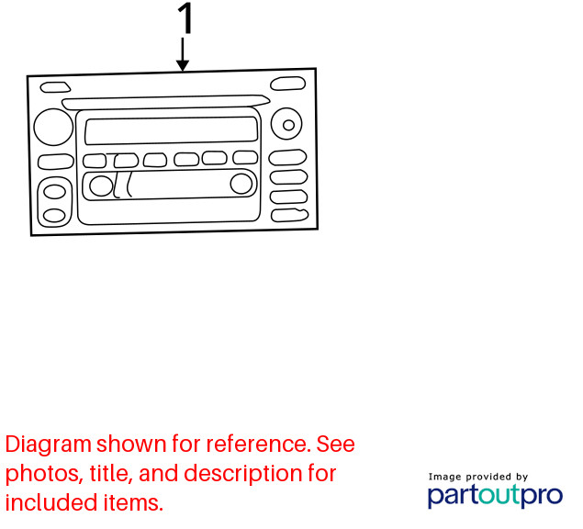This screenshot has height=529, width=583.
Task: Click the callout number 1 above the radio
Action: [x=185, y=17]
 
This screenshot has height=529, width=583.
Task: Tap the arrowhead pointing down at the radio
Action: [x=182, y=65]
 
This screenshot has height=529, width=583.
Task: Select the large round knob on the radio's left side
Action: [x=53, y=127]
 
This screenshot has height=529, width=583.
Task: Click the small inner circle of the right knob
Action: [x=288, y=125]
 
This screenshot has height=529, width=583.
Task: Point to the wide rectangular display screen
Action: [x=171, y=130]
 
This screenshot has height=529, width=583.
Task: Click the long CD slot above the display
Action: [x=165, y=102]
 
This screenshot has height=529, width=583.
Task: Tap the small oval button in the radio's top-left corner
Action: [x=55, y=87]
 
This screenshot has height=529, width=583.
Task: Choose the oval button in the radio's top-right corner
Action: [x=287, y=84]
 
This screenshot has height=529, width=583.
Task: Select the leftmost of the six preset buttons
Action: [x=95, y=161]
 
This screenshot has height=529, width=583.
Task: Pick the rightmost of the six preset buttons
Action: [x=245, y=157]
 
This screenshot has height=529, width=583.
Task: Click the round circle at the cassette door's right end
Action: [x=241, y=184]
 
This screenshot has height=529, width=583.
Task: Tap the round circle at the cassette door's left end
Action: [x=101, y=186]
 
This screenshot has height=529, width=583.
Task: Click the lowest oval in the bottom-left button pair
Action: [x=54, y=216]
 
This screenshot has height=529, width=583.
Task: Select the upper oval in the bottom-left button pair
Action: [x=55, y=192]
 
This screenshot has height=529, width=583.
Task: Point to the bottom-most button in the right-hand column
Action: [x=289, y=216]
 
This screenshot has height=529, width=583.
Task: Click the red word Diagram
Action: [x=49, y=445]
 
